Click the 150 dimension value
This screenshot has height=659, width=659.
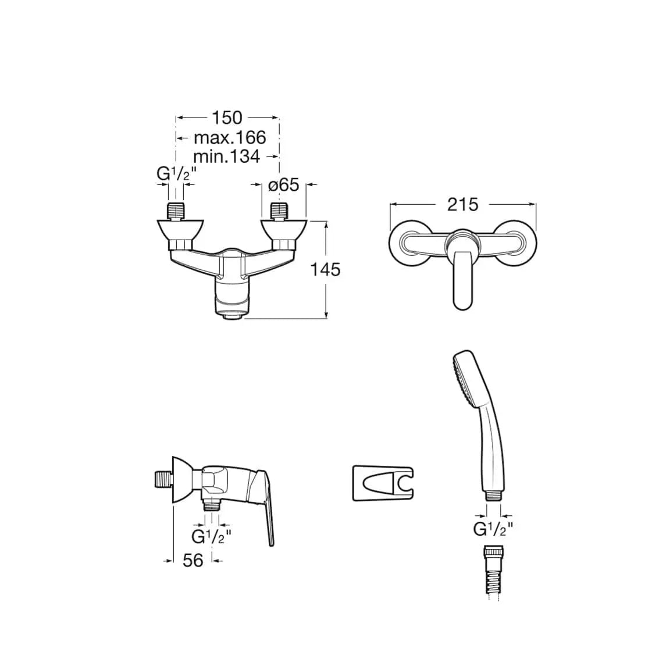coord(227,117)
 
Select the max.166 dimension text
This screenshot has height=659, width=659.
coord(229,138)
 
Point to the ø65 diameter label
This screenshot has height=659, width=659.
coord(283,185)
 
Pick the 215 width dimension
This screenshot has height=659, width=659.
coord(462,204)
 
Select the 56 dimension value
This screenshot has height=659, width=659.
coord(193,560)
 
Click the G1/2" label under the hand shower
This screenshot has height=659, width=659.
coord(493,529)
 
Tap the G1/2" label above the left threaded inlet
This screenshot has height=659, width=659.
coord(176,174)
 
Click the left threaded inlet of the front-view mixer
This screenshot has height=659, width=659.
coord(176,211)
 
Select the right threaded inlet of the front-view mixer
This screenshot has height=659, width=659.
coord(280,211)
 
